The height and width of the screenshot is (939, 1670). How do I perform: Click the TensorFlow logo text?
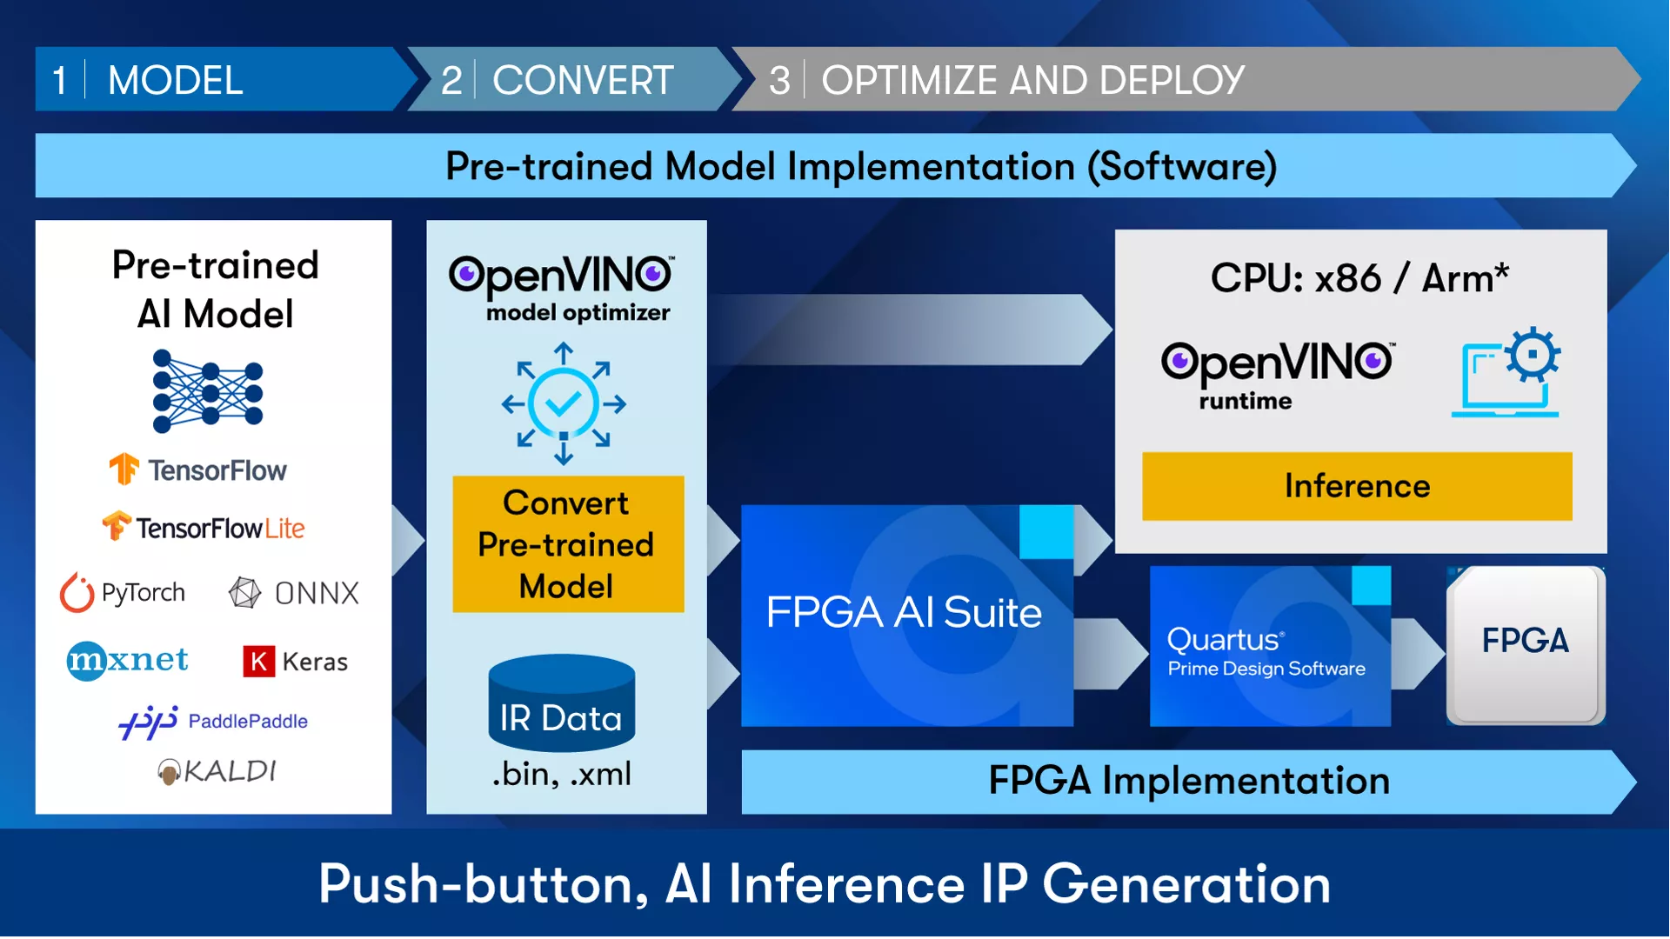pos(217,470)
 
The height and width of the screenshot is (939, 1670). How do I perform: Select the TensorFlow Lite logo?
pos(204,527)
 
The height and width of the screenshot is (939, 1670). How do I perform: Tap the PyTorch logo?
pos(123,593)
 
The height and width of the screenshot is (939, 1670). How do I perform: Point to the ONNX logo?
pos(293,593)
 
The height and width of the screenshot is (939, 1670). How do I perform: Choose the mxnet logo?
pos(128,661)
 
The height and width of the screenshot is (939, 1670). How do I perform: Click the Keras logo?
pos(295,662)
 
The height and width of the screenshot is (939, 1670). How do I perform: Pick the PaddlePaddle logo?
pos(213,722)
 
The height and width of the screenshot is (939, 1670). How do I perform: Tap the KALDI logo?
pos(217,771)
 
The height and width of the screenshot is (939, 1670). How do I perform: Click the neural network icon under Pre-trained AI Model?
pos(208,391)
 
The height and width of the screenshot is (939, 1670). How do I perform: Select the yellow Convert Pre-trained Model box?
pos(568,544)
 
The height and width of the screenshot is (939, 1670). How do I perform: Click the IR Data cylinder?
pos(562,703)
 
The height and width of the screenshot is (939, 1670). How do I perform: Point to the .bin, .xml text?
pos(562,774)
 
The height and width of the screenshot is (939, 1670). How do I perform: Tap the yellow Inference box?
pos(1357,486)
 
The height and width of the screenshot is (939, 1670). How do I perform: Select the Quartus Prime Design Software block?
pos(1270,646)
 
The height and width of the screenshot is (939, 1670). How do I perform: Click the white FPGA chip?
pos(1526,645)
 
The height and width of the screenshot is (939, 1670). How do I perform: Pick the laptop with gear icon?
pos(1506,372)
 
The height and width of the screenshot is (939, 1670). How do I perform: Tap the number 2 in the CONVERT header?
pos(451,81)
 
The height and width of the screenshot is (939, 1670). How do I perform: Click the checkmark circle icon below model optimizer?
pos(564,403)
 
